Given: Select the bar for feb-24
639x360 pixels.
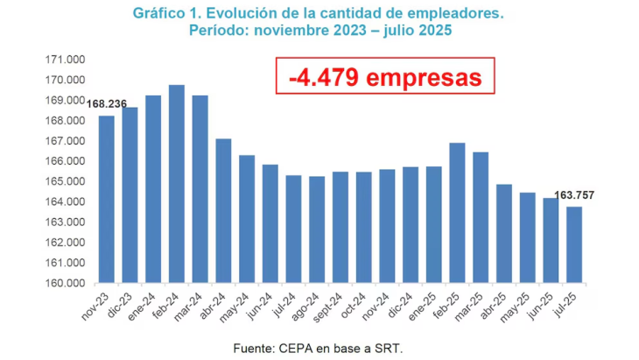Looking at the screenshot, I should click(x=176, y=184).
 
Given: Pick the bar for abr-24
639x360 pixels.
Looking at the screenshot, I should click(x=223, y=211).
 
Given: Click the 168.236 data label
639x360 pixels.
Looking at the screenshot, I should click(x=107, y=104).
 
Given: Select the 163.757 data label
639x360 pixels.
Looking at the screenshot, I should click(x=574, y=195).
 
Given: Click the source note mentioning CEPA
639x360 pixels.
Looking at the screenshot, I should click(x=318, y=348).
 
